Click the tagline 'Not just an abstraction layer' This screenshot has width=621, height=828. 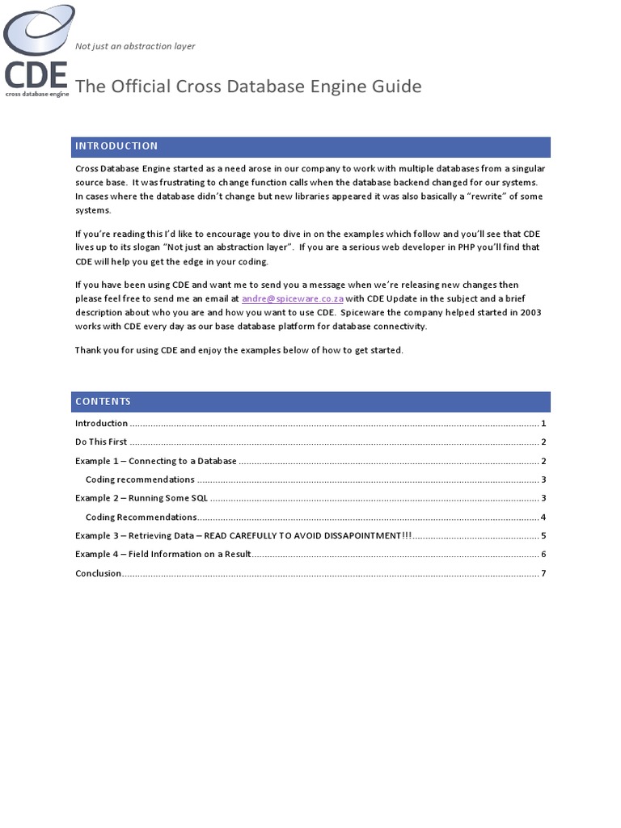[135, 46]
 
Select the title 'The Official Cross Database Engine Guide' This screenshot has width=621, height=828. [248, 87]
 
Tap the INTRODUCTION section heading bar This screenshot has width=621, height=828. [310, 146]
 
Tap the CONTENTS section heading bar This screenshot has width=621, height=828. [310, 402]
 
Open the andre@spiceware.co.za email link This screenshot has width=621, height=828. [293, 298]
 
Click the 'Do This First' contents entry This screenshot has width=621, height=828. [101, 442]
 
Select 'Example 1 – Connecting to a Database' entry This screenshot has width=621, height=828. [156, 461]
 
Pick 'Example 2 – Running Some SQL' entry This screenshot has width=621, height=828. [142, 498]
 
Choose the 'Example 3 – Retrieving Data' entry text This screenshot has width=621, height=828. [243, 535]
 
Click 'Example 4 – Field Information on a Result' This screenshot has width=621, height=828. [163, 554]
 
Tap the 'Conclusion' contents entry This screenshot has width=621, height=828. [98, 573]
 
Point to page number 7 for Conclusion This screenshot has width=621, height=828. [544, 573]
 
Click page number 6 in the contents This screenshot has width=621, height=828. [544, 554]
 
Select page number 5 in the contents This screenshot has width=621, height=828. [544, 535]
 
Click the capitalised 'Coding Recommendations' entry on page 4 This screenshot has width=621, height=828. [141, 517]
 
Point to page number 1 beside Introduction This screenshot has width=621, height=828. [544, 424]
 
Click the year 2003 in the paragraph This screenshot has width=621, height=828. [530, 312]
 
